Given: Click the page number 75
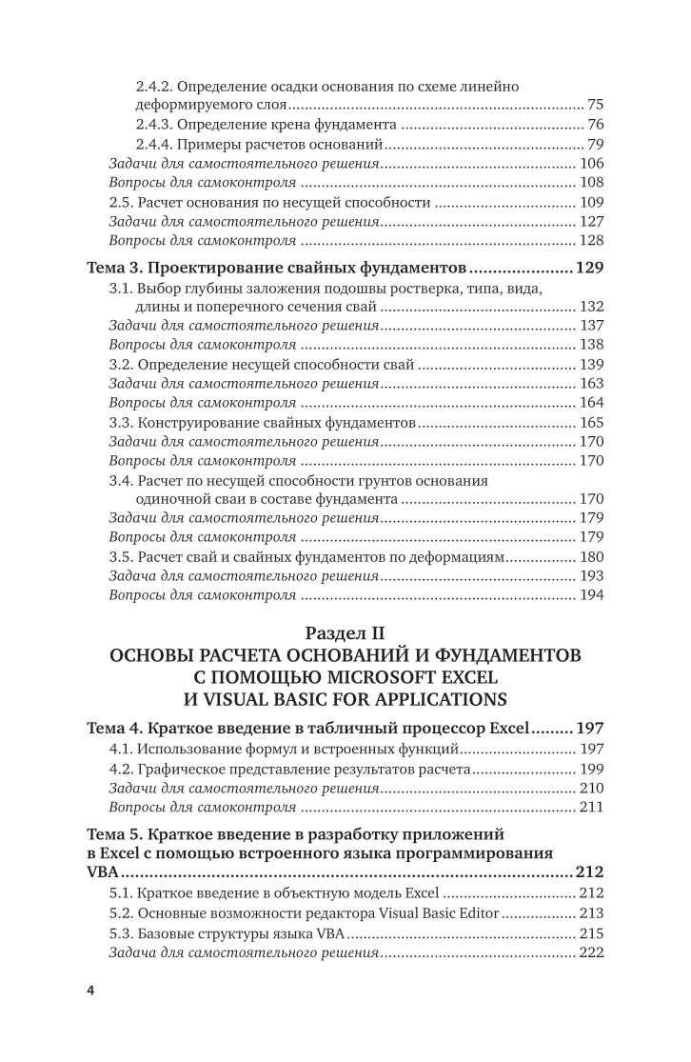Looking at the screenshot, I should [x=596, y=104].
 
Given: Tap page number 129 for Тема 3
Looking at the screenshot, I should [x=590, y=267].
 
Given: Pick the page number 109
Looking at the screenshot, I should [x=591, y=202].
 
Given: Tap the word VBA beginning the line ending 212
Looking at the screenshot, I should [x=103, y=872].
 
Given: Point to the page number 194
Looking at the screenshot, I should [x=591, y=595].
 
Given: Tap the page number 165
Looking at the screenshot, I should [x=591, y=422].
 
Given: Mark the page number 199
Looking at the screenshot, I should [x=591, y=769].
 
